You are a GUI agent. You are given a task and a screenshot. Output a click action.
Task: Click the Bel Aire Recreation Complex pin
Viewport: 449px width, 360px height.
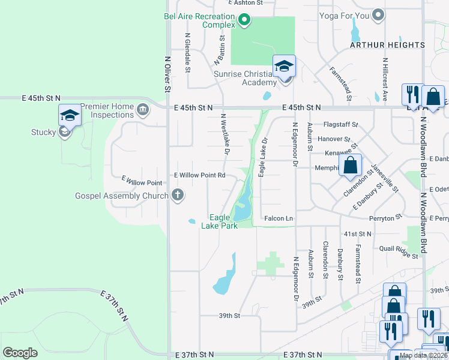pos(244,21)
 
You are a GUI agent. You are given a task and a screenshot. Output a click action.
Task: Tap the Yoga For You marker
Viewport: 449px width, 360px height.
pos(378,15)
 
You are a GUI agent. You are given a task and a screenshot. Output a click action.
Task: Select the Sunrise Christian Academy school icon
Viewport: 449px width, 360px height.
pos(284,66)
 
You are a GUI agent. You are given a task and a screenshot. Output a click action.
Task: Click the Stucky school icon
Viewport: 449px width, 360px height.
pos(70,115)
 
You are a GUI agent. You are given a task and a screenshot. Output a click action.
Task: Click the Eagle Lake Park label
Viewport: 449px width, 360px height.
pos(224,221)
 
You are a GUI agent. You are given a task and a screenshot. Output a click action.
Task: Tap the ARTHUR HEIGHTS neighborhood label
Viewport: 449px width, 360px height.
pos(388,45)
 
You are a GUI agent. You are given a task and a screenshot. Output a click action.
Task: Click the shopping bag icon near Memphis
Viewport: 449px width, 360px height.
pos(351,166)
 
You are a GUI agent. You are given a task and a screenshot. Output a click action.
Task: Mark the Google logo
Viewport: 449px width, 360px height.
pos(20,353)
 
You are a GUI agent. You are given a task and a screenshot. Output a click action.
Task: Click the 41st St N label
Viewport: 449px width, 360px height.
pos(358,233)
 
